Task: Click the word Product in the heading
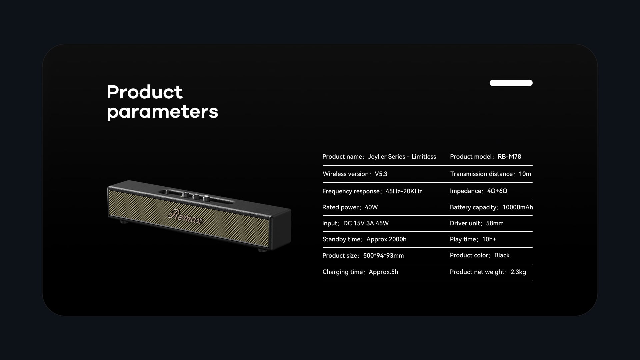click(x=145, y=92)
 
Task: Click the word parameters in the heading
click(x=162, y=112)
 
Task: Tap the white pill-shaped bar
click(x=511, y=83)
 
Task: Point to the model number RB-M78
click(x=509, y=157)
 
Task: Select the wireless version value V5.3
click(x=381, y=174)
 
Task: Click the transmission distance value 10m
click(x=525, y=174)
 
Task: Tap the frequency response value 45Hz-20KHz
click(x=404, y=191)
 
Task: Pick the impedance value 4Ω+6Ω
click(x=497, y=191)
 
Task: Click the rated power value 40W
click(x=371, y=207)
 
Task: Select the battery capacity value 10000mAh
click(x=518, y=207)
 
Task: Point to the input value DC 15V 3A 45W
click(x=366, y=223)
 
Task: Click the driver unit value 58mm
click(x=495, y=223)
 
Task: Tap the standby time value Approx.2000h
click(x=386, y=239)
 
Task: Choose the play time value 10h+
click(x=489, y=239)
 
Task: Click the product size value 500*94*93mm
click(x=383, y=256)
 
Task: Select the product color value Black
click(x=502, y=255)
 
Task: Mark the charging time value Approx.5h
click(x=383, y=272)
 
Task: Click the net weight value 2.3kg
click(x=518, y=272)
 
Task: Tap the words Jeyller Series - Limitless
click(x=402, y=157)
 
